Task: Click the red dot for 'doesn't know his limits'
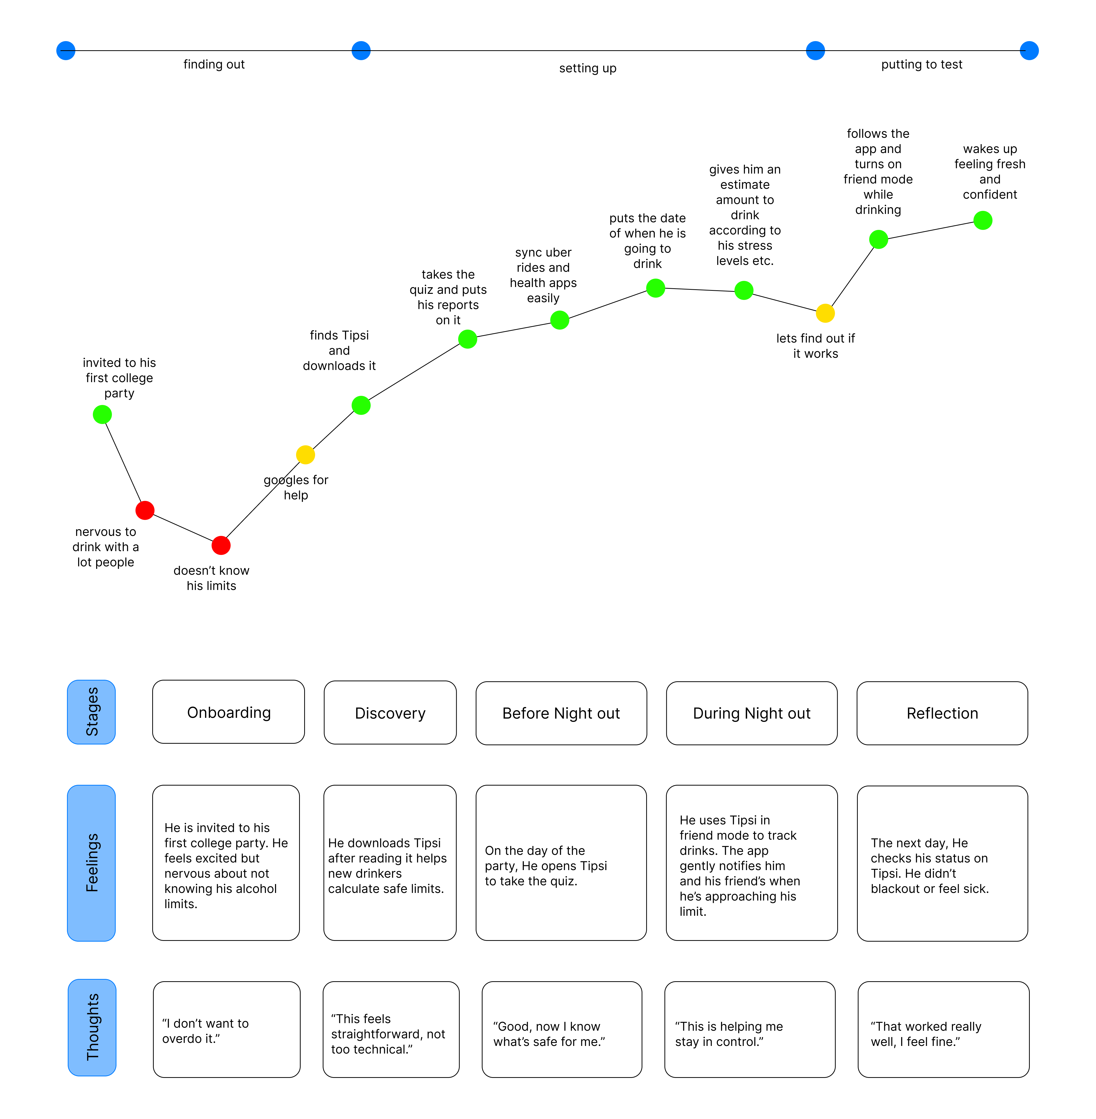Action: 221,545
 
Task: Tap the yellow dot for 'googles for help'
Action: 305,455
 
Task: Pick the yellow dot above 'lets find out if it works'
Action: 825,313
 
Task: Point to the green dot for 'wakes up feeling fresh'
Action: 983,221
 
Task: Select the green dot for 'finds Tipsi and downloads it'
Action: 361,405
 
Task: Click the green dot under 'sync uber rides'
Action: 559,320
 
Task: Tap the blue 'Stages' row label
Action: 92,712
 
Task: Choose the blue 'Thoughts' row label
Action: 92,1027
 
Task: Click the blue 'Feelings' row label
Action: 92,863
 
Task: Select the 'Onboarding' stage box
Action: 229,712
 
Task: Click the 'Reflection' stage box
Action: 942,713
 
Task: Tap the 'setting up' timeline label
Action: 588,69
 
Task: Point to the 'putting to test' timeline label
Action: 922,64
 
